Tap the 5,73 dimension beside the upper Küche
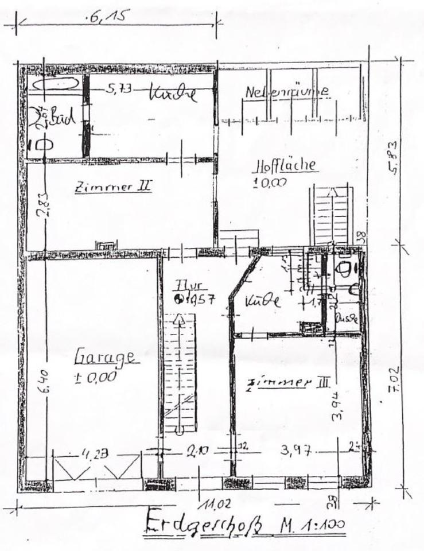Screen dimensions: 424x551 [118, 89]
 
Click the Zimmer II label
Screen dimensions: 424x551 [112, 187]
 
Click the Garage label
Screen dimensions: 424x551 [106, 358]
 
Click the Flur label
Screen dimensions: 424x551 [188, 285]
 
